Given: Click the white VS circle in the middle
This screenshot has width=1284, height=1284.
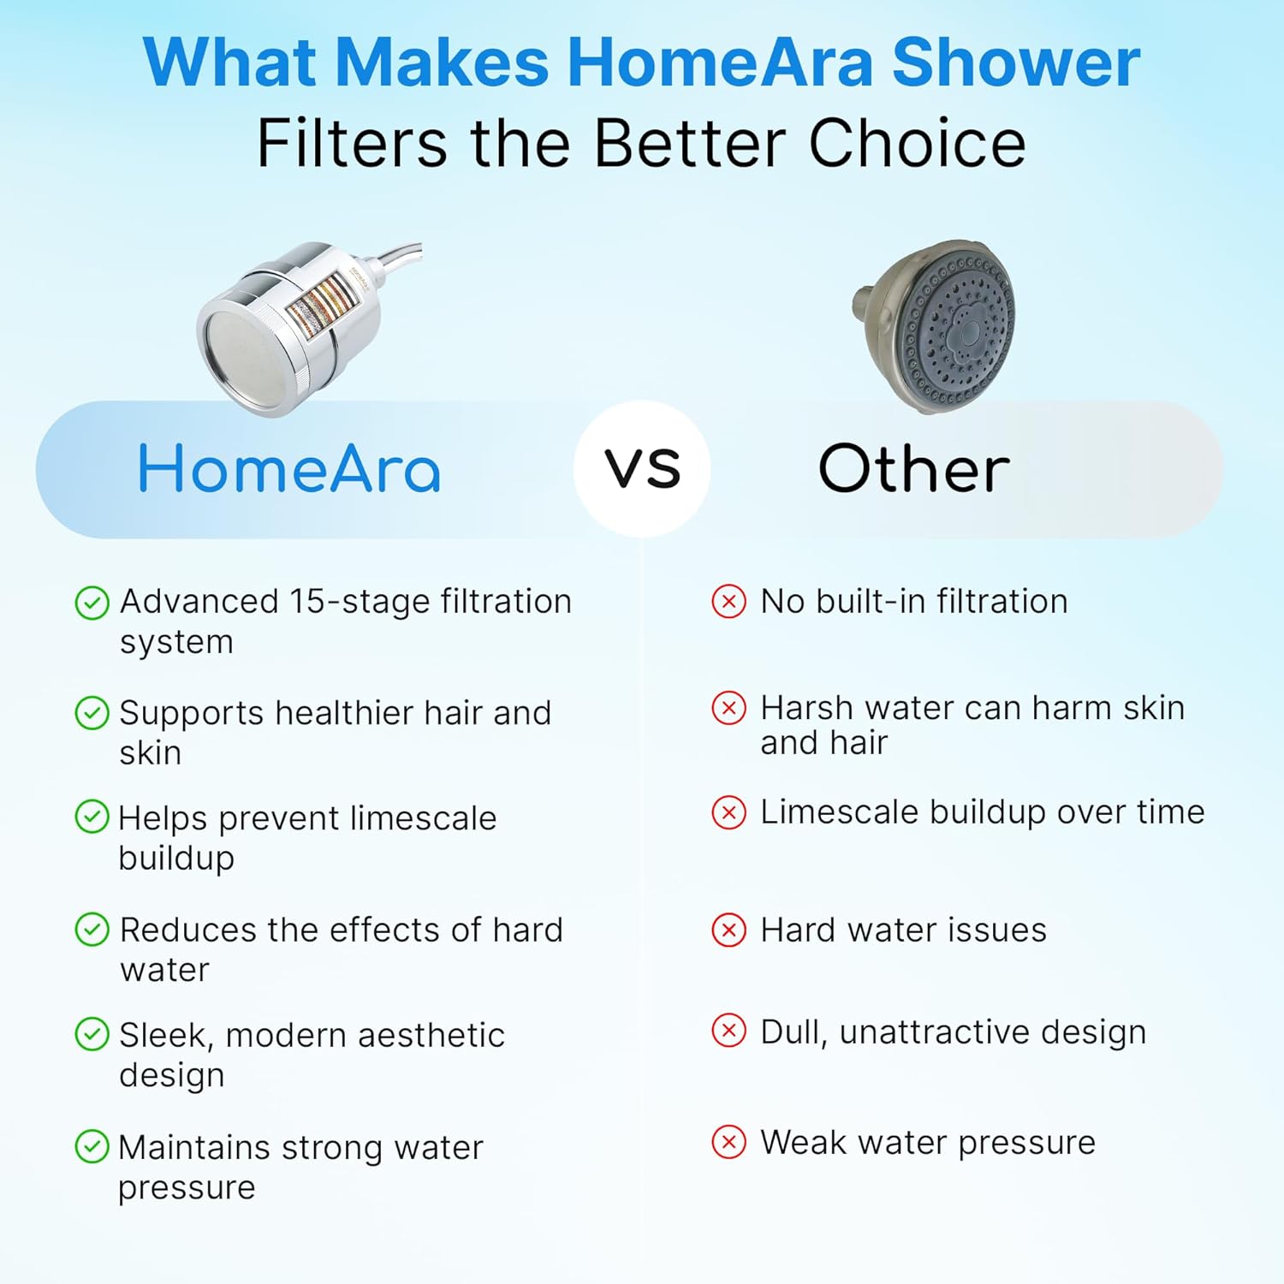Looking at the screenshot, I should point(642,469).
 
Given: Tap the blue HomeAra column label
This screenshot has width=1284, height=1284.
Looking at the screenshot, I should point(289,469).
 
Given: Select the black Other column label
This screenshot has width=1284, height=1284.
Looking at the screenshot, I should point(913,469).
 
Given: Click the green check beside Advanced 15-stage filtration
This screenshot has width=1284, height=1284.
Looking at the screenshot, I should point(92,603).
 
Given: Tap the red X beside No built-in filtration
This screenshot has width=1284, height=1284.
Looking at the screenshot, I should point(728,602).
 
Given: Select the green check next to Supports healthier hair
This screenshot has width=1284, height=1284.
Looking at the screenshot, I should point(92,713).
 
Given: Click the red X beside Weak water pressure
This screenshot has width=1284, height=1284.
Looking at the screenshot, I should point(728,1142).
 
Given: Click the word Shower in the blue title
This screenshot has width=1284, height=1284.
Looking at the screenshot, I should point(1016,62).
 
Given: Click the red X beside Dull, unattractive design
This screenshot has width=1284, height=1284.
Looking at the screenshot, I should point(728,1031).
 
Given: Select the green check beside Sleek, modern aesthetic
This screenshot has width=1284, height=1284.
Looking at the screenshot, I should point(92,1034).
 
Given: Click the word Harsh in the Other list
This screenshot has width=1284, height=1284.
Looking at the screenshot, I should point(805,708).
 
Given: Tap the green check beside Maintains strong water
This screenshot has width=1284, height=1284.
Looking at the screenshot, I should point(92,1146).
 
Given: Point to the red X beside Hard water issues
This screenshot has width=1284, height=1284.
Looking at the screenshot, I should point(728,930).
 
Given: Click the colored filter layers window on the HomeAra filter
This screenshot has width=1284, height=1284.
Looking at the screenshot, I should point(319,304).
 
